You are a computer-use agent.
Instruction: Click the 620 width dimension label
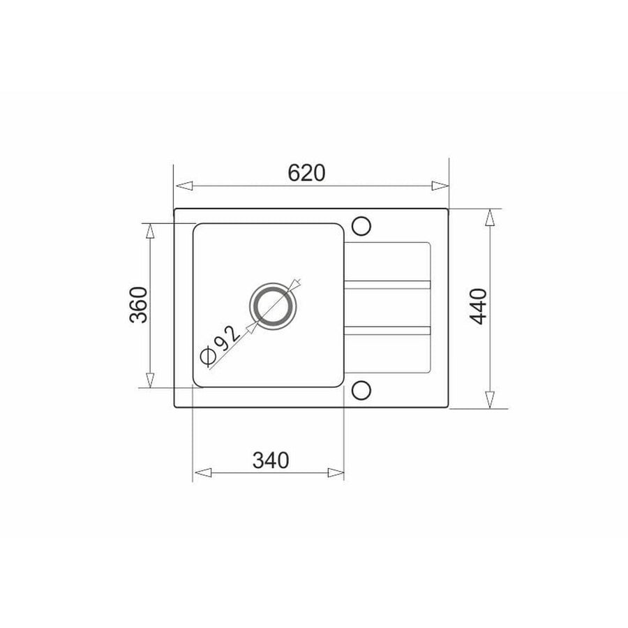306,172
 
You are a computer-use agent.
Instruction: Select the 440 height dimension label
479,306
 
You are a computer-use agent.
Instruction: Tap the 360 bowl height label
139,305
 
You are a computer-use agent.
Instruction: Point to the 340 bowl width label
270,461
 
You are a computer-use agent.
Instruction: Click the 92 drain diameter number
227,339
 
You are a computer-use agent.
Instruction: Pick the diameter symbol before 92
208,356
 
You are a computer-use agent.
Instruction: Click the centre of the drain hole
274,306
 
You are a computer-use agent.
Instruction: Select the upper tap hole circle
361,226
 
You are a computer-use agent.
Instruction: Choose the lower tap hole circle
361,390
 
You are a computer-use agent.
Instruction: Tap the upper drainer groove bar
387,285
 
